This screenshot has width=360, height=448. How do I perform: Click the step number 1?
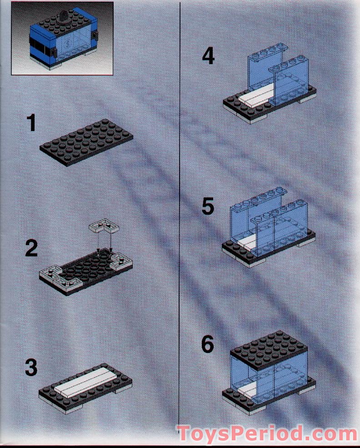click(31, 124)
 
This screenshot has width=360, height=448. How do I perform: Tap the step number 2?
click(31, 248)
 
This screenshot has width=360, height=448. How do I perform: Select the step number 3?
click(31, 368)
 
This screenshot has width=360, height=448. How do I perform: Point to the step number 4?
click(208, 56)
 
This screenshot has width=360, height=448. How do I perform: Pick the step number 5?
click(208, 207)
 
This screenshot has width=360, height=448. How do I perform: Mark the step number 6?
click(207, 345)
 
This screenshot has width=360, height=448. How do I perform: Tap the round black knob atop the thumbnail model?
click(63, 19)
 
